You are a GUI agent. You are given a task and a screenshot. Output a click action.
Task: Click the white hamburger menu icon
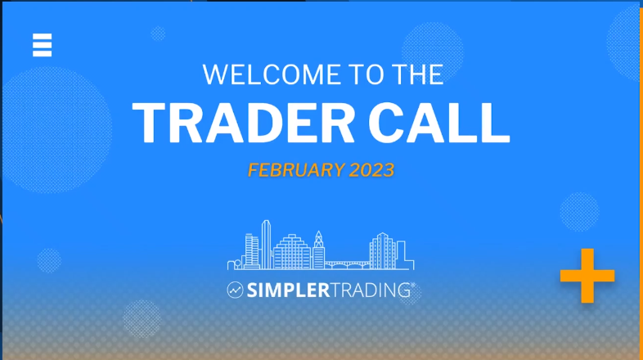click(x=43, y=45)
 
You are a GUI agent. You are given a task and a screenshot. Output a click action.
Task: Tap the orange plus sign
click(x=587, y=276)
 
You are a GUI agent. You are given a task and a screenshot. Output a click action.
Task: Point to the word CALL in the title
click(x=438, y=123)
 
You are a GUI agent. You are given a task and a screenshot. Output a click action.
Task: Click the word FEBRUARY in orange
click(x=296, y=170)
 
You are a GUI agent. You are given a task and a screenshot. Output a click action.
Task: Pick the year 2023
click(x=371, y=170)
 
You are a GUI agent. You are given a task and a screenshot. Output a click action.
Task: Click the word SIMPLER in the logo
click(x=288, y=290)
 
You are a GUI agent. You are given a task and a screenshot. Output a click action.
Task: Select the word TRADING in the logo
click(x=371, y=290)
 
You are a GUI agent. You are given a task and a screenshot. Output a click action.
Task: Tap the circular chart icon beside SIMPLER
click(x=235, y=290)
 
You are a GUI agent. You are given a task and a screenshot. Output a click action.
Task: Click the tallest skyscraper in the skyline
click(x=266, y=245)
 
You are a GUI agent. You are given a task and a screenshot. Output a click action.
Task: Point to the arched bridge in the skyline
click(x=348, y=265)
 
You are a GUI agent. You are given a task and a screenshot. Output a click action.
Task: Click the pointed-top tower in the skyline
click(x=319, y=250)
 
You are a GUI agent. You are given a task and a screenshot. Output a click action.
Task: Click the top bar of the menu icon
click(x=43, y=36)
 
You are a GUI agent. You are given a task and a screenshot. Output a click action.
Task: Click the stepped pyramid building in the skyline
click(x=292, y=251)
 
